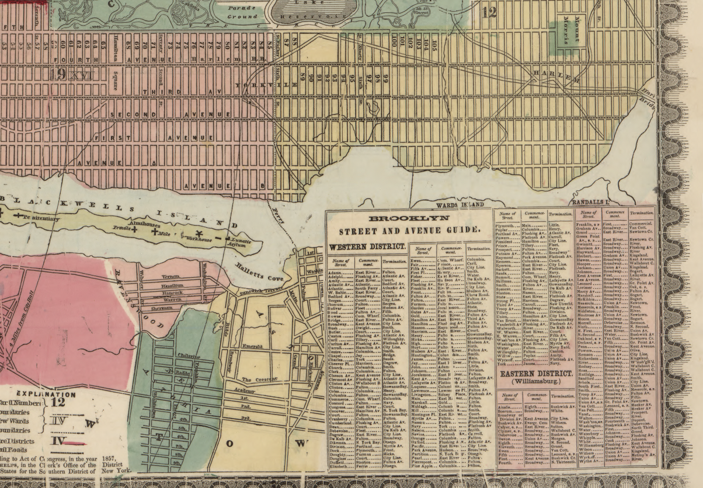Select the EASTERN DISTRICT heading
pyautogui.click(x=535, y=373)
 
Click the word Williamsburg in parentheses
pyautogui.click(x=535, y=382)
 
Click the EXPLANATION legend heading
pyautogui.click(x=41, y=394)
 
